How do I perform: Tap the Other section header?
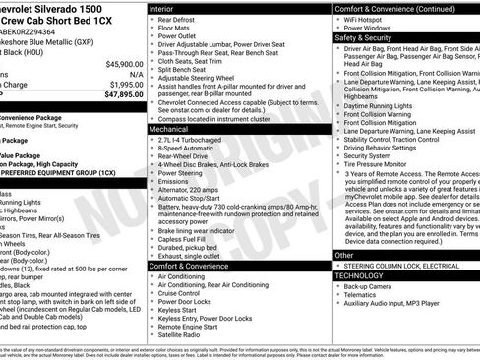[345, 255]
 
